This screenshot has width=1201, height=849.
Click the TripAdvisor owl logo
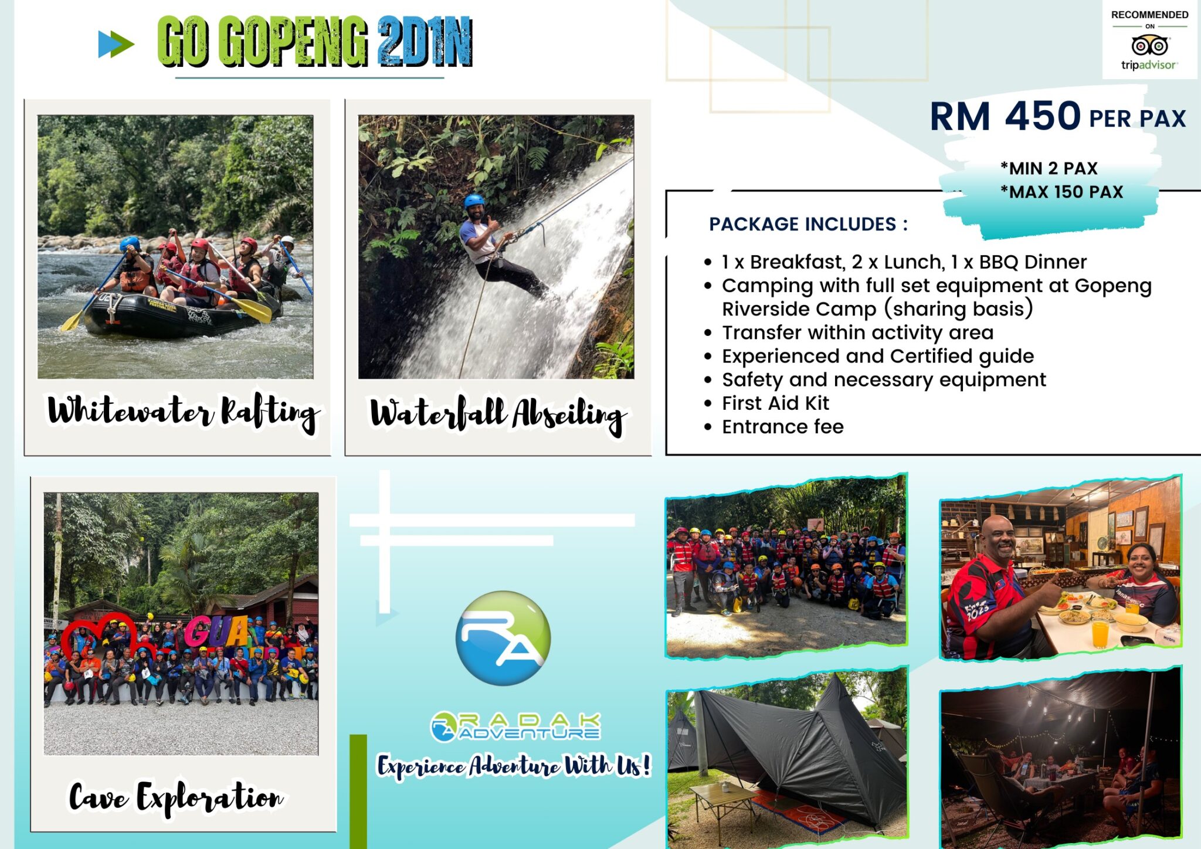pos(1149,45)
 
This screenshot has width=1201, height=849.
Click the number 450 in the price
pos(1042,116)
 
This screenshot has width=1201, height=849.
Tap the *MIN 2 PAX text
pos(1049,168)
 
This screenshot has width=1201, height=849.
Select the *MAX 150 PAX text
pos(1061,192)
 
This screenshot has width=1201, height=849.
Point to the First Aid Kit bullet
pos(775,403)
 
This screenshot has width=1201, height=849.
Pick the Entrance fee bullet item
pos(782,427)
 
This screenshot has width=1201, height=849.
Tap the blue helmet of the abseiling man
pos(473,201)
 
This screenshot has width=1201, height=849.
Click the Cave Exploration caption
pos(176,797)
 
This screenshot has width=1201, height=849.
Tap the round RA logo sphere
pos(503,638)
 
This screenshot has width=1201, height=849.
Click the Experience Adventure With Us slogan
pos(513,766)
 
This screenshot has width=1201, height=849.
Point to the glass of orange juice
pos(1100,633)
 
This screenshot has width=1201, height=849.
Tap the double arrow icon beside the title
pos(116,44)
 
